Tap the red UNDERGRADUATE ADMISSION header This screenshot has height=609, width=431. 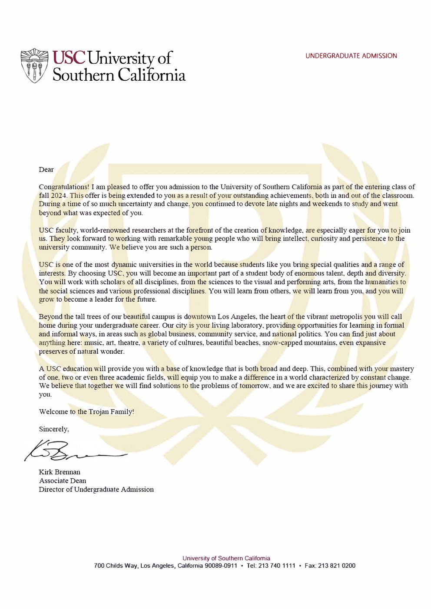[x=351, y=56]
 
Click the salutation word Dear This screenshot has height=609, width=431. [x=46, y=170]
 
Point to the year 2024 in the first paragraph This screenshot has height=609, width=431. [x=60, y=196]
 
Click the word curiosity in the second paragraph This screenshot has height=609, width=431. [x=326, y=239]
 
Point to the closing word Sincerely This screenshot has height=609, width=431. [x=54, y=429]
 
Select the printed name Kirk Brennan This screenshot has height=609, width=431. [x=60, y=472]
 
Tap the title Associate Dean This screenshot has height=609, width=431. [x=63, y=481]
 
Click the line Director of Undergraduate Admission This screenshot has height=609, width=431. [x=96, y=490]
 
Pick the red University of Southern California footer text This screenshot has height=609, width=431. [x=226, y=558]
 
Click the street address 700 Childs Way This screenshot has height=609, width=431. [x=116, y=566]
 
